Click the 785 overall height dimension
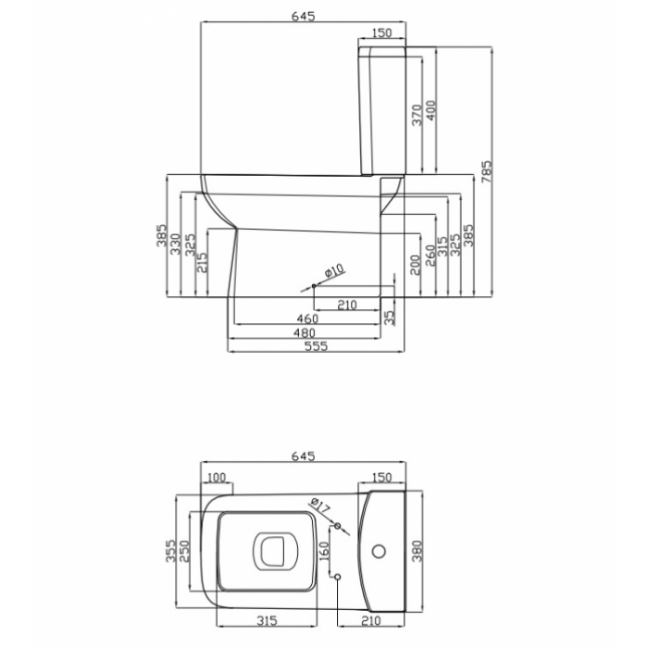[x=486, y=172]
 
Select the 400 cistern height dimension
[x=430, y=110]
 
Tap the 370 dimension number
[x=417, y=115]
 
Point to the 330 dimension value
[x=176, y=243]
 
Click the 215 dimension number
[x=202, y=262]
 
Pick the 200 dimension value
[x=416, y=265]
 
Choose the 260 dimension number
[x=430, y=255]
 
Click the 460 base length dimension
[x=308, y=318]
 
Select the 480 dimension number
[x=305, y=332]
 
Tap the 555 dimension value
[x=317, y=346]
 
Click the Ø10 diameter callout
[x=334, y=270]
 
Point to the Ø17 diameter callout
[x=319, y=505]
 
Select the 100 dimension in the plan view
[x=217, y=478]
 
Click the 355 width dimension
[x=170, y=551]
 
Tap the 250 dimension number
[x=184, y=551]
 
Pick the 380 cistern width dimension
[x=417, y=551]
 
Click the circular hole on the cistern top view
[x=379, y=552]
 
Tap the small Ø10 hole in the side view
[x=314, y=285]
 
